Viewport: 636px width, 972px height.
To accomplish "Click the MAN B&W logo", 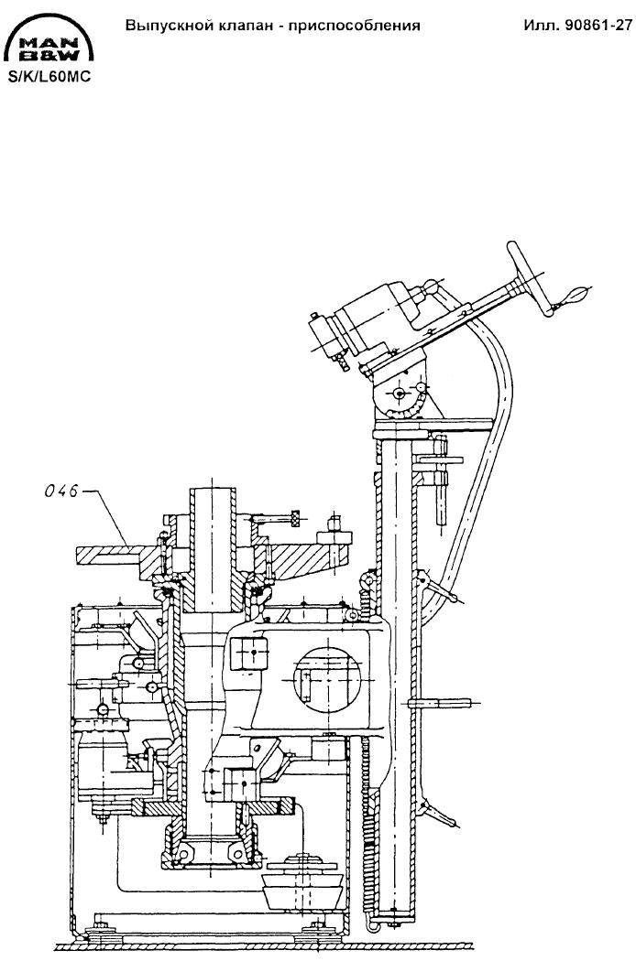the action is [49, 39].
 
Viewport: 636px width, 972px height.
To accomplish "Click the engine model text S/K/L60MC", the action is [49, 78].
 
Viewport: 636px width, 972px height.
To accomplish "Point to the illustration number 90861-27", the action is [598, 26].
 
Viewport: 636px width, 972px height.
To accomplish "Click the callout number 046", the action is [61, 491].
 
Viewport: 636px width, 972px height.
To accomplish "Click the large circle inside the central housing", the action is [327, 679].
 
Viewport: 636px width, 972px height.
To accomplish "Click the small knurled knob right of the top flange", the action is [295, 517].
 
